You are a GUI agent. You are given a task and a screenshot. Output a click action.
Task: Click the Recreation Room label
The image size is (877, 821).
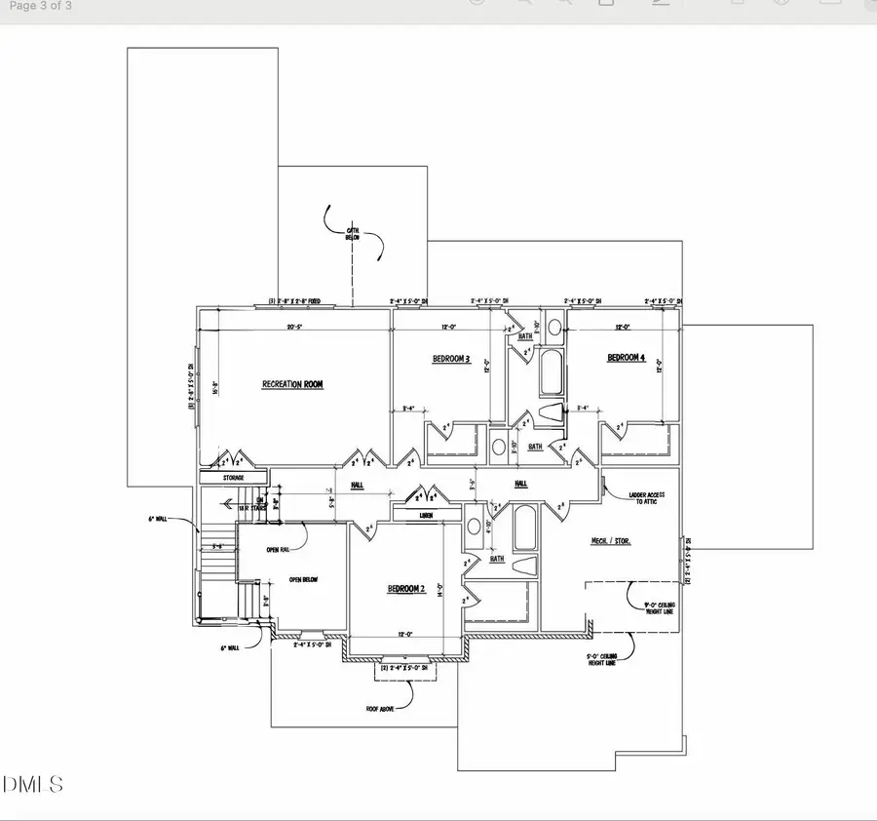pyautogui.click(x=292, y=384)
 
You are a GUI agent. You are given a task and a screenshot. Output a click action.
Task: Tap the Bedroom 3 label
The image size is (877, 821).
pyautogui.click(x=451, y=359)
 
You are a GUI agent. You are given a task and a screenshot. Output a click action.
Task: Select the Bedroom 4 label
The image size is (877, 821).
pyautogui.click(x=627, y=358)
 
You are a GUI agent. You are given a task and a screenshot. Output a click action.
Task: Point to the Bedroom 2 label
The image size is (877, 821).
pyautogui.click(x=406, y=589)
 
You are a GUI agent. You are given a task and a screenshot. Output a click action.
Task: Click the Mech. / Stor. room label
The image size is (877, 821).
pyautogui.click(x=610, y=540)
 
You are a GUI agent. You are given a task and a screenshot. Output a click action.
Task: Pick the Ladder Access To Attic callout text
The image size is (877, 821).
pyautogui.click(x=641, y=496)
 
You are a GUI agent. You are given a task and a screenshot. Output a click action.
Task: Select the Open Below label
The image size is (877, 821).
pyautogui.click(x=305, y=579)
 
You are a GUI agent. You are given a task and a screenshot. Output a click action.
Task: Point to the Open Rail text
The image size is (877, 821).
pyautogui.click(x=279, y=549)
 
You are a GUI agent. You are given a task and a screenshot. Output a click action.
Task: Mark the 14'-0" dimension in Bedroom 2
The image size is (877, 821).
pyautogui.click(x=441, y=589)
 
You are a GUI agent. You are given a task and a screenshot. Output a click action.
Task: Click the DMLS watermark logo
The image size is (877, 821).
pyautogui.click(x=33, y=784)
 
